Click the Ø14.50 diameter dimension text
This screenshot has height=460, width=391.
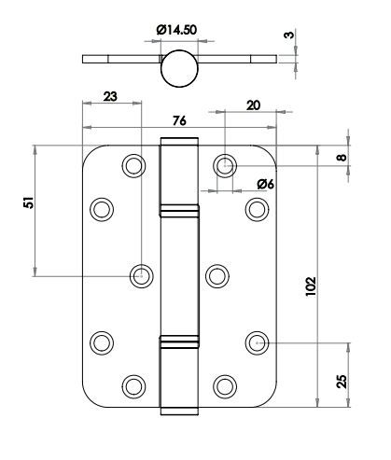click(x=176, y=30)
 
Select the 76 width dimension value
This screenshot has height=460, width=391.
click(x=179, y=120)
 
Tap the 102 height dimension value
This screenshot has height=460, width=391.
click(x=311, y=286)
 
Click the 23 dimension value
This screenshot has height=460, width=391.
click(x=110, y=96)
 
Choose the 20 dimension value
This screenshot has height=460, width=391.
click(x=253, y=105)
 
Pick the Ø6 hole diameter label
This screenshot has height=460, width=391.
click(x=266, y=184)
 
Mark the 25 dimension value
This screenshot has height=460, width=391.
click(x=342, y=381)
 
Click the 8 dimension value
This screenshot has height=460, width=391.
click(x=342, y=157)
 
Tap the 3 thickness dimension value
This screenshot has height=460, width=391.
click(x=289, y=35)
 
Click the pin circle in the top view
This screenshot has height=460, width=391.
click(x=179, y=68)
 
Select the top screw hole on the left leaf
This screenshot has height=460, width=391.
click(x=133, y=165)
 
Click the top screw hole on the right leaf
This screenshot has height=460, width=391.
click(x=225, y=165)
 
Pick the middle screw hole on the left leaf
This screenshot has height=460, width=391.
click(x=142, y=276)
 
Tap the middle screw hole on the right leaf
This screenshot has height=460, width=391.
click(x=217, y=276)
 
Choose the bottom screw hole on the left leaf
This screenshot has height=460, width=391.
click(x=133, y=386)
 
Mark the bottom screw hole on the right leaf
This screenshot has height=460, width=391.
click(x=225, y=386)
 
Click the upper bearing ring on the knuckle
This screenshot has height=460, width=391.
click(x=179, y=210)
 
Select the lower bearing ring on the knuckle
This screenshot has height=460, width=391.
click(x=179, y=342)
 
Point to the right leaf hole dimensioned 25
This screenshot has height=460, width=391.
click(x=257, y=342)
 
